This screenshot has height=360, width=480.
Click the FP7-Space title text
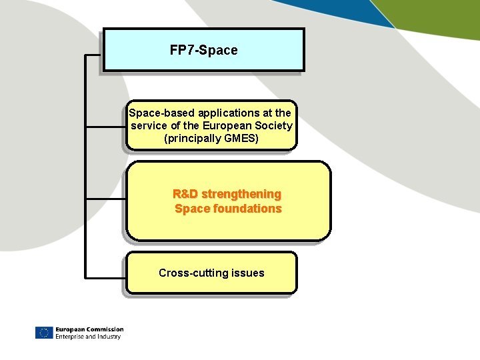[x=203, y=50]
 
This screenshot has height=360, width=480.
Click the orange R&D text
[x=185, y=194]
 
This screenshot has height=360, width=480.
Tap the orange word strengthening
[x=241, y=194]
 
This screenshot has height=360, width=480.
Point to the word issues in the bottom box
[x=248, y=273]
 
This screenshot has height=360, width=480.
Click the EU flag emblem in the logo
[x=44, y=333]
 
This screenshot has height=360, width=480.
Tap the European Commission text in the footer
[x=89, y=329]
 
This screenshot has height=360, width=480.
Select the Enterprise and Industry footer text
[x=88, y=337]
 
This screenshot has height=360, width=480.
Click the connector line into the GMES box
[x=105, y=126]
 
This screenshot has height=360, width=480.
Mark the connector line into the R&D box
[x=105, y=199]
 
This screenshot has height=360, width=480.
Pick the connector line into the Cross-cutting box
[x=105, y=276]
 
